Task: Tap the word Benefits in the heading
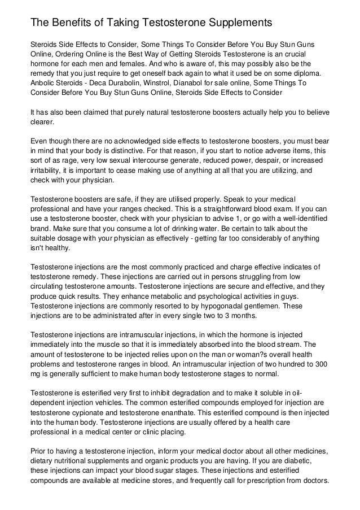point(71,23)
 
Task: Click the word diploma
point(303,73)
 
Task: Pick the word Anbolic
point(43,82)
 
